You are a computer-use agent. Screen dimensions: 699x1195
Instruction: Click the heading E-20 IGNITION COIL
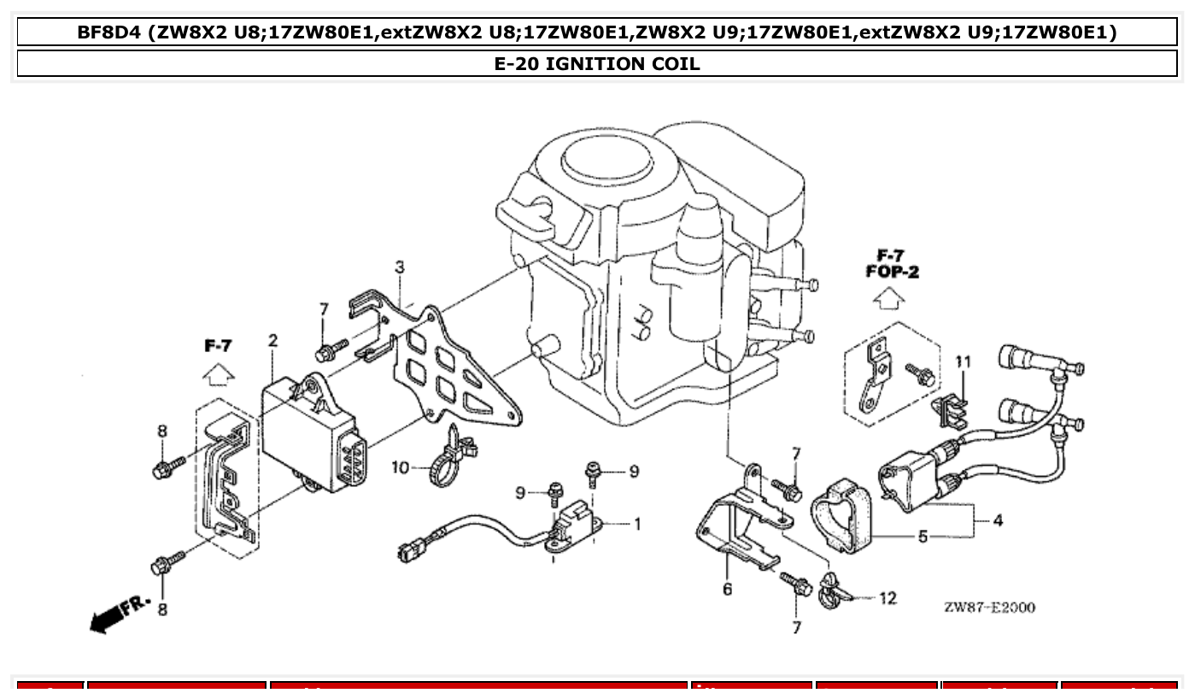597,63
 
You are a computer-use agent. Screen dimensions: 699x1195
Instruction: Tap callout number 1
636,524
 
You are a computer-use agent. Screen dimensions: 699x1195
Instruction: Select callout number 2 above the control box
272,341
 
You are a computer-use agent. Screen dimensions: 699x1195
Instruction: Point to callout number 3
399,267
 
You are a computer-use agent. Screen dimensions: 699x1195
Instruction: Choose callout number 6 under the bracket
727,589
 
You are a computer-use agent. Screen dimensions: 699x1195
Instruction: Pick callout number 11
963,362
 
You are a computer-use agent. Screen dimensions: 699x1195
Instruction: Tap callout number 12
887,598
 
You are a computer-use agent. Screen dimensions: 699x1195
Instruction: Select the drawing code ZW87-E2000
989,608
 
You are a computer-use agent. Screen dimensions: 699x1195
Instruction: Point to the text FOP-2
892,273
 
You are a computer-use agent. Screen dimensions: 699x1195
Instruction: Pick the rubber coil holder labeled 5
843,515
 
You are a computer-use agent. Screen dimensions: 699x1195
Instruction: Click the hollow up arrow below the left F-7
219,374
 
